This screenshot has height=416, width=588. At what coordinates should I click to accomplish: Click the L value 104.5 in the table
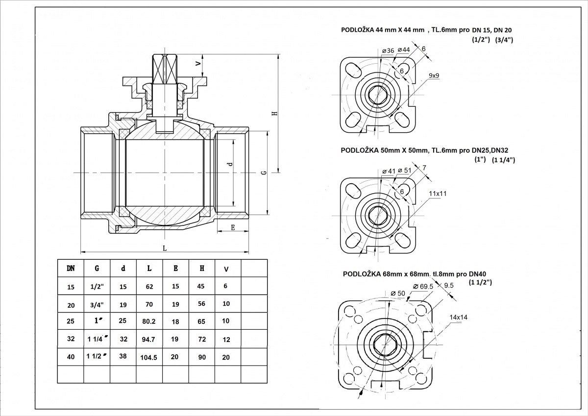click(x=148, y=358)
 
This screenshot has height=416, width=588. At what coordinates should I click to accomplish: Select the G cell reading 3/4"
click(x=97, y=304)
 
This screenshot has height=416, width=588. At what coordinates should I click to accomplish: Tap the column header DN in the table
click(x=71, y=268)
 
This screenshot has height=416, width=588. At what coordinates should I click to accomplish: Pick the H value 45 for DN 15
click(x=200, y=286)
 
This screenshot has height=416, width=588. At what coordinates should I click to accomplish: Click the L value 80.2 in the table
click(x=148, y=322)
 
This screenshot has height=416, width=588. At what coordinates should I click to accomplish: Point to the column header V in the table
click(x=226, y=269)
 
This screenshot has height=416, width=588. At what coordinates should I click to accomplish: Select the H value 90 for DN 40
click(x=200, y=357)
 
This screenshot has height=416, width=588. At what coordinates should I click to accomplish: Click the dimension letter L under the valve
click(x=165, y=248)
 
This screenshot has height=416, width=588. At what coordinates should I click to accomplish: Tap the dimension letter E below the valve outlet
click(x=233, y=227)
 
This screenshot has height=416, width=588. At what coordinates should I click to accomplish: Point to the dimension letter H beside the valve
click(x=275, y=113)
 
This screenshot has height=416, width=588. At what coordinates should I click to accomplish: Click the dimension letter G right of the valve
click(x=264, y=173)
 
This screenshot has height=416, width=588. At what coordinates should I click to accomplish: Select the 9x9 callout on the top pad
click(x=434, y=75)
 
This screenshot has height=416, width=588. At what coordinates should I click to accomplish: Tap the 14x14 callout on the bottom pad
click(x=458, y=317)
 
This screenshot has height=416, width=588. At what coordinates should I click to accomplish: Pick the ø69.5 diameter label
click(x=423, y=286)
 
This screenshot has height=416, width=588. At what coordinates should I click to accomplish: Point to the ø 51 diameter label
click(x=404, y=170)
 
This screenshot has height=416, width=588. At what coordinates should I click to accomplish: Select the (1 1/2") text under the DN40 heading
click(x=480, y=283)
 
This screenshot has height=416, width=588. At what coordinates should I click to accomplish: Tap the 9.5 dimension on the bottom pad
click(x=449, y=285)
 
